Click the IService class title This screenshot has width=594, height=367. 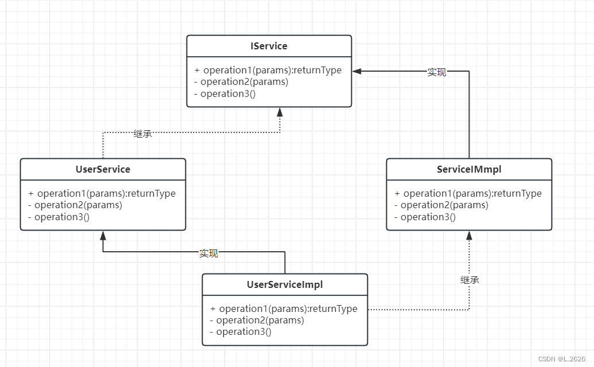coord(269,46)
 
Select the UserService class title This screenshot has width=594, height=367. coord(103,169)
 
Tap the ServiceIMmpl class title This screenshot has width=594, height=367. coord(469,169)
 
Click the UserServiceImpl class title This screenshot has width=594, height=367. coord(285,284)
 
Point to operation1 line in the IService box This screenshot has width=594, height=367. coord(268,70)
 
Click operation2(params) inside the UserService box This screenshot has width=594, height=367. coord(75,205)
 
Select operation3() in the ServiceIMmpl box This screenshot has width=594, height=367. coord(425,217)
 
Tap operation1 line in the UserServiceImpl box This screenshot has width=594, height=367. coord(284,309)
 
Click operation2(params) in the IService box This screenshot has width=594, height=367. coord(241,82)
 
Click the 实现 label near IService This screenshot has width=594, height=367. coord(437,72)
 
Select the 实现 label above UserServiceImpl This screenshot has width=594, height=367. coord(208,253)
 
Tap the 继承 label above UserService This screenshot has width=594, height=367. coord(142,134)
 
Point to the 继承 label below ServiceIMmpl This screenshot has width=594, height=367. coord(469,280)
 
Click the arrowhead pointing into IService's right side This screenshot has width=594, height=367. coord(357,71)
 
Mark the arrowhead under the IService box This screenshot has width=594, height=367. coord(280,111)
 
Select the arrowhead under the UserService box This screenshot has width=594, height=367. coord(103,235)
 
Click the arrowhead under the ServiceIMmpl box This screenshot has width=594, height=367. coord(469,235)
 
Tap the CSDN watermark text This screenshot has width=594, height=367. coord(561,358)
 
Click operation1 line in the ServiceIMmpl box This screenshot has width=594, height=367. coord(468,193)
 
